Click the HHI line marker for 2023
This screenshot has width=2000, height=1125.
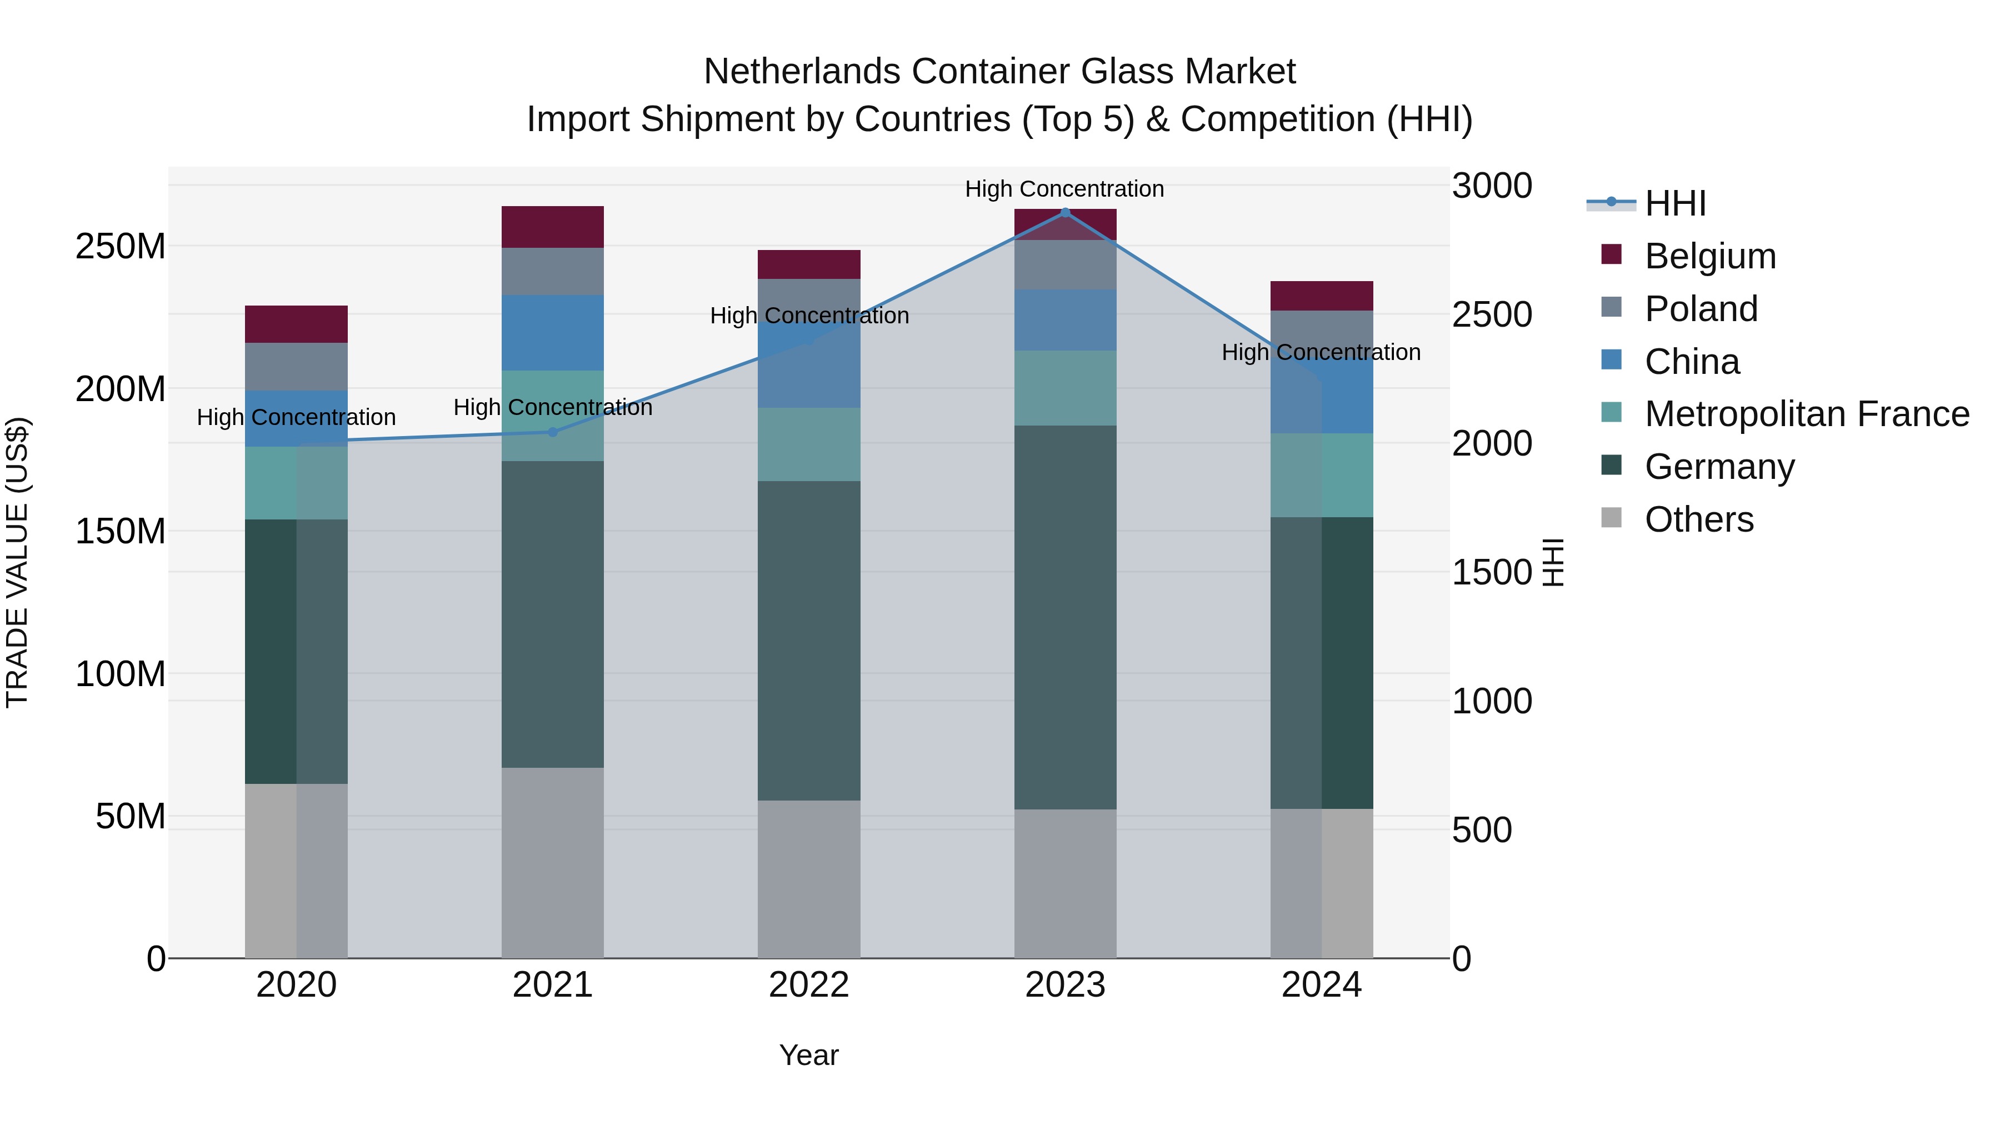[1065, 212]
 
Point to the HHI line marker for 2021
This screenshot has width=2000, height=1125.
[553, 432]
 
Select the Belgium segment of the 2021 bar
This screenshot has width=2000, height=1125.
[553, 227]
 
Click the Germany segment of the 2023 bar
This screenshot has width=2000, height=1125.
[1065, 617]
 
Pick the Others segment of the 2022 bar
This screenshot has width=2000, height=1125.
[809, 879]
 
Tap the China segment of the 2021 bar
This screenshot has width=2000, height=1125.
[553, 332]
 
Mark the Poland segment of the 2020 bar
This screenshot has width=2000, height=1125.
[297, 367]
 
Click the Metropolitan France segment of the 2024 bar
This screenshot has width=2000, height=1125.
[1322, 475]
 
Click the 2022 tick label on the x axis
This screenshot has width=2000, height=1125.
[809, 985]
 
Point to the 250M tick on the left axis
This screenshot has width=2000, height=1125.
[121, 246]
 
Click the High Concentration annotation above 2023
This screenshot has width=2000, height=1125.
[1064, 189]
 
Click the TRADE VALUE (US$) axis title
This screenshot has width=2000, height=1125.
[17, 562]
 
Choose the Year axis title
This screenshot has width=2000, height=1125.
[809, 1055]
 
